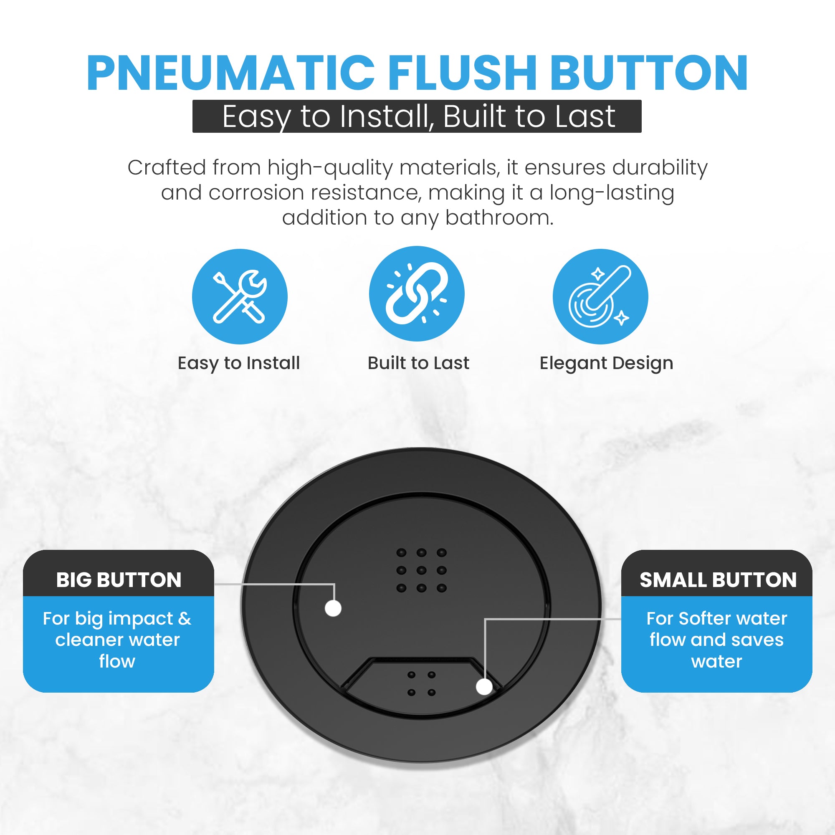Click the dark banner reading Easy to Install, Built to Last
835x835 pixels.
coord(417,116)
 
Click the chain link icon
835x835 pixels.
coord(417,294)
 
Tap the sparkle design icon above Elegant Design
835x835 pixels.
coord(600,296)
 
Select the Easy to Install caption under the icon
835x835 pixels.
coord(238,364)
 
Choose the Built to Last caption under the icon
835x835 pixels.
coord(418,363)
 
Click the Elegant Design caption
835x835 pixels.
coord(606,364)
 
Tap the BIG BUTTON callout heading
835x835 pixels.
coord(119,580)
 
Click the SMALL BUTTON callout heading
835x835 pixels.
coord(718,580)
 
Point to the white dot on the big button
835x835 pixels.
coord(333,609)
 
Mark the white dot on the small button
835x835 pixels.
coord(484,687)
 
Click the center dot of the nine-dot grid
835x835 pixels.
coord(421,570)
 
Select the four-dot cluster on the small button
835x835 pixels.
coord(421,684)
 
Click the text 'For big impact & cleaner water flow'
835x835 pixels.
coord(117,640)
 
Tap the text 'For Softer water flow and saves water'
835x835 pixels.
coord(716,640)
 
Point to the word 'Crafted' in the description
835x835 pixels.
coord(167,167)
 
